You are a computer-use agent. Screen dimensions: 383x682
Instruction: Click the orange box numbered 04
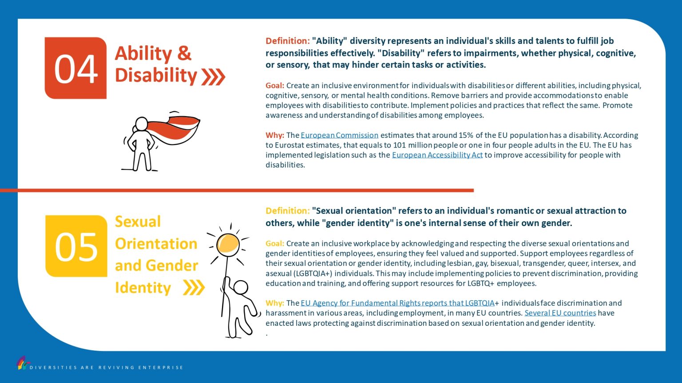[x=75, y=68]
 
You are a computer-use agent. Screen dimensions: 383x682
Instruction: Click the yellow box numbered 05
[x=76, y=246]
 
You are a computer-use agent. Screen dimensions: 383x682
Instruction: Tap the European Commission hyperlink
[x=339, y=135]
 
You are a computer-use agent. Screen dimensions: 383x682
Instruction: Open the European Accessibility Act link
[x=437, y=155]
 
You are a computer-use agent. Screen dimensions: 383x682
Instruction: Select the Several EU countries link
[x=560, y=313]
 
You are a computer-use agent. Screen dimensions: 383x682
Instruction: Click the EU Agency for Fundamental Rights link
[x=397, y=303]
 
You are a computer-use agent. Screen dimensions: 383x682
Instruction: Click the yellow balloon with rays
[x=228, y=244]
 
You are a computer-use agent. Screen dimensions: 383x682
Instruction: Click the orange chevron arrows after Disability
[x=213, y=77]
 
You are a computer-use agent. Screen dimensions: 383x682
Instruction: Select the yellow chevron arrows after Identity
[x=194, y=287]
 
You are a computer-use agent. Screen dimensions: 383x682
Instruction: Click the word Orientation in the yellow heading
[x=156, y=243]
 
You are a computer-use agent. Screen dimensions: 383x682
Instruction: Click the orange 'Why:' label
[x=275, y=135]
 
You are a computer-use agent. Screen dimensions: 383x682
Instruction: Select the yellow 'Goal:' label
[x=275, y=243]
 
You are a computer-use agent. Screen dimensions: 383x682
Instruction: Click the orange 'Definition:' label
[x=287, y=41]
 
